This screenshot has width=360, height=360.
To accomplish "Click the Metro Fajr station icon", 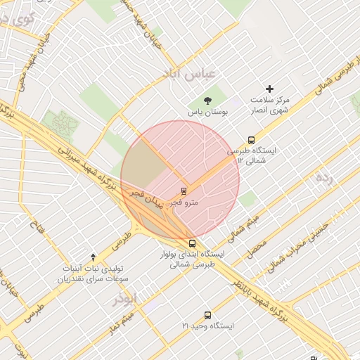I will pos(184,191).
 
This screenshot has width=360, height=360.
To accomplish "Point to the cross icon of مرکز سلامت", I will pos(269,89).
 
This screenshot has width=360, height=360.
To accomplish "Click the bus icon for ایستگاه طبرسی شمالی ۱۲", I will pos(252,140).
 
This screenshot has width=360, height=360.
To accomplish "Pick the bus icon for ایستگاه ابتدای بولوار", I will pos(193,243).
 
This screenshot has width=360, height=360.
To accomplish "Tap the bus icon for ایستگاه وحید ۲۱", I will pos(207,315).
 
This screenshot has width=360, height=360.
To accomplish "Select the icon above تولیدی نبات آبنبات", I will pos(94,257).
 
